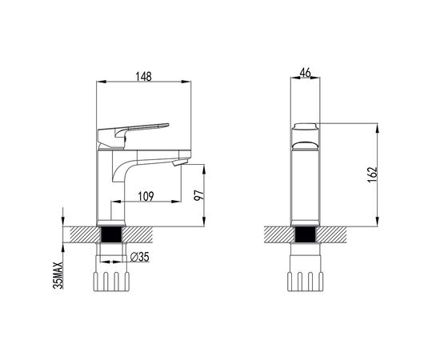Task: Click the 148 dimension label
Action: point(143,76)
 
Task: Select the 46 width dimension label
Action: point(306,73)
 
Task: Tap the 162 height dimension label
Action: point(372,175)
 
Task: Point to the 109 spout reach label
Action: point(146,196)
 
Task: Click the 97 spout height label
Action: point(198,194)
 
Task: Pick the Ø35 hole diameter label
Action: point(140,257)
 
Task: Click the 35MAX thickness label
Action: point(58,275)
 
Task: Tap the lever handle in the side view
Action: point(133,135)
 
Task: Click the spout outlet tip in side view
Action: point(179,162)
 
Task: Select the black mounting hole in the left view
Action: point(111,234)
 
